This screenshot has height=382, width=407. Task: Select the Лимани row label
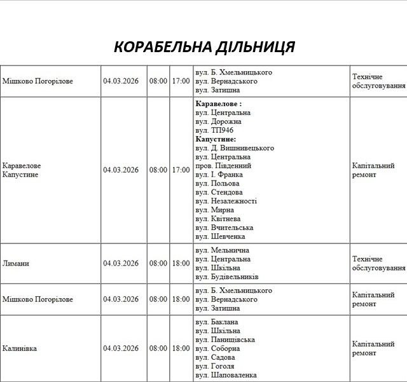16,263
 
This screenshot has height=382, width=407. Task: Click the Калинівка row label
20,348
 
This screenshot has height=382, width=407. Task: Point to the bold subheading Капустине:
216,139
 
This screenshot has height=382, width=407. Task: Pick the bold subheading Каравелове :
219,104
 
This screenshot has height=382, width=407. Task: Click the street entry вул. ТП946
215,130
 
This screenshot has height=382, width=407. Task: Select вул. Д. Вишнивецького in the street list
235,148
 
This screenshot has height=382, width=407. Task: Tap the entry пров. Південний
223,166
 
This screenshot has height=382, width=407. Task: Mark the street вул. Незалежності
226,201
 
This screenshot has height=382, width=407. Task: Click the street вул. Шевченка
221,236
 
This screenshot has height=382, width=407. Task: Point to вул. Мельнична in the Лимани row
223,250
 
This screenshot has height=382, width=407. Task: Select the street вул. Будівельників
227,277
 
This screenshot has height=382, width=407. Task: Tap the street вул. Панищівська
225,339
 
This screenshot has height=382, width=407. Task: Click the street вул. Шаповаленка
226,375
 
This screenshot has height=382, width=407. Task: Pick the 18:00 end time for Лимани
181,263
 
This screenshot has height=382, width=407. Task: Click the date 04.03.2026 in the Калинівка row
121,348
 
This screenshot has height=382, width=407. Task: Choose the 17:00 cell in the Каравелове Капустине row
181,170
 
